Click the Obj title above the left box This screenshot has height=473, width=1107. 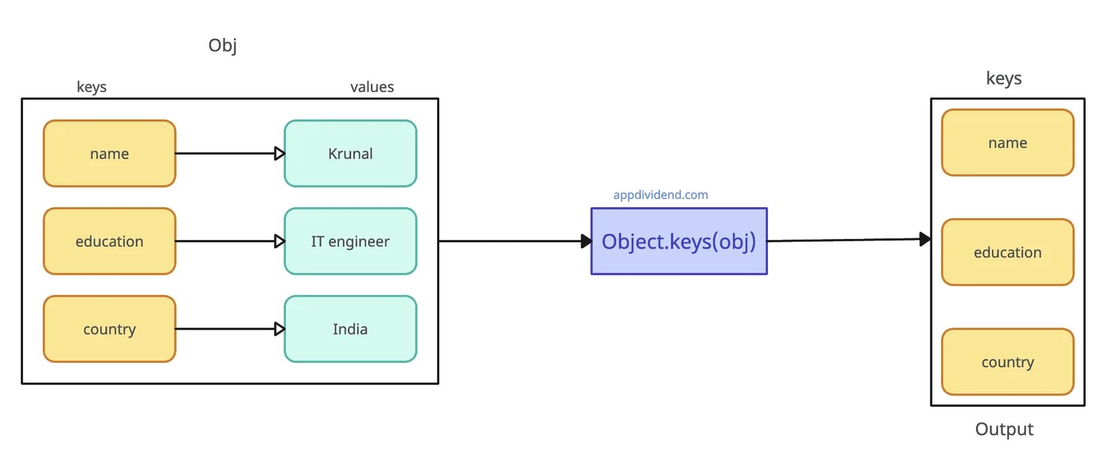click(x=222, y=46)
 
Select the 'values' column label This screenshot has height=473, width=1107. click(x=372, y=87)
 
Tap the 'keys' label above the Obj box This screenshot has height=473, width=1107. click(x=91, y=87)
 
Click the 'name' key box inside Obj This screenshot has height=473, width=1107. click(x=109, y=154)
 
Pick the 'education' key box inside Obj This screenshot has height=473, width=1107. click(x=109, y=242)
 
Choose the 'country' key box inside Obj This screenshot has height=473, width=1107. click(x=109, y=329)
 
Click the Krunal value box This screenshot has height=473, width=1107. click(x=350, y=154)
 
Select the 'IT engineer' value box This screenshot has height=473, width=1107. click(x=350, y=242)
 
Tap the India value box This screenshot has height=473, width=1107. click(x=350, y=329)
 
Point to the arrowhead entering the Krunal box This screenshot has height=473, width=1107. click(x=280, y=154)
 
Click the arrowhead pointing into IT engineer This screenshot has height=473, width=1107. click(x=280, y=242)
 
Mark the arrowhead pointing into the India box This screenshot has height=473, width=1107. click(x=280, y=329)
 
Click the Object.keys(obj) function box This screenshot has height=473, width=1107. click(x=679, y=242)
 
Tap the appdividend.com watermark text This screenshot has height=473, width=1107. click(x=660, y=195)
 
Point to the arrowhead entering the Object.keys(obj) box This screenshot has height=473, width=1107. click(x=586, y=241)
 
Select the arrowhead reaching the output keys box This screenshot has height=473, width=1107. click(x=925, y=240)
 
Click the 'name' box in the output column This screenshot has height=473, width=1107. click(x=1007, y=143)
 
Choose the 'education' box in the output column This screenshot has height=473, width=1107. click(x=1007, y=253)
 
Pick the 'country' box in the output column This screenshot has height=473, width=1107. click(x=1007, y=362)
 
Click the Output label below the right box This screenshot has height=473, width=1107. click(x=1004, y=429)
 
